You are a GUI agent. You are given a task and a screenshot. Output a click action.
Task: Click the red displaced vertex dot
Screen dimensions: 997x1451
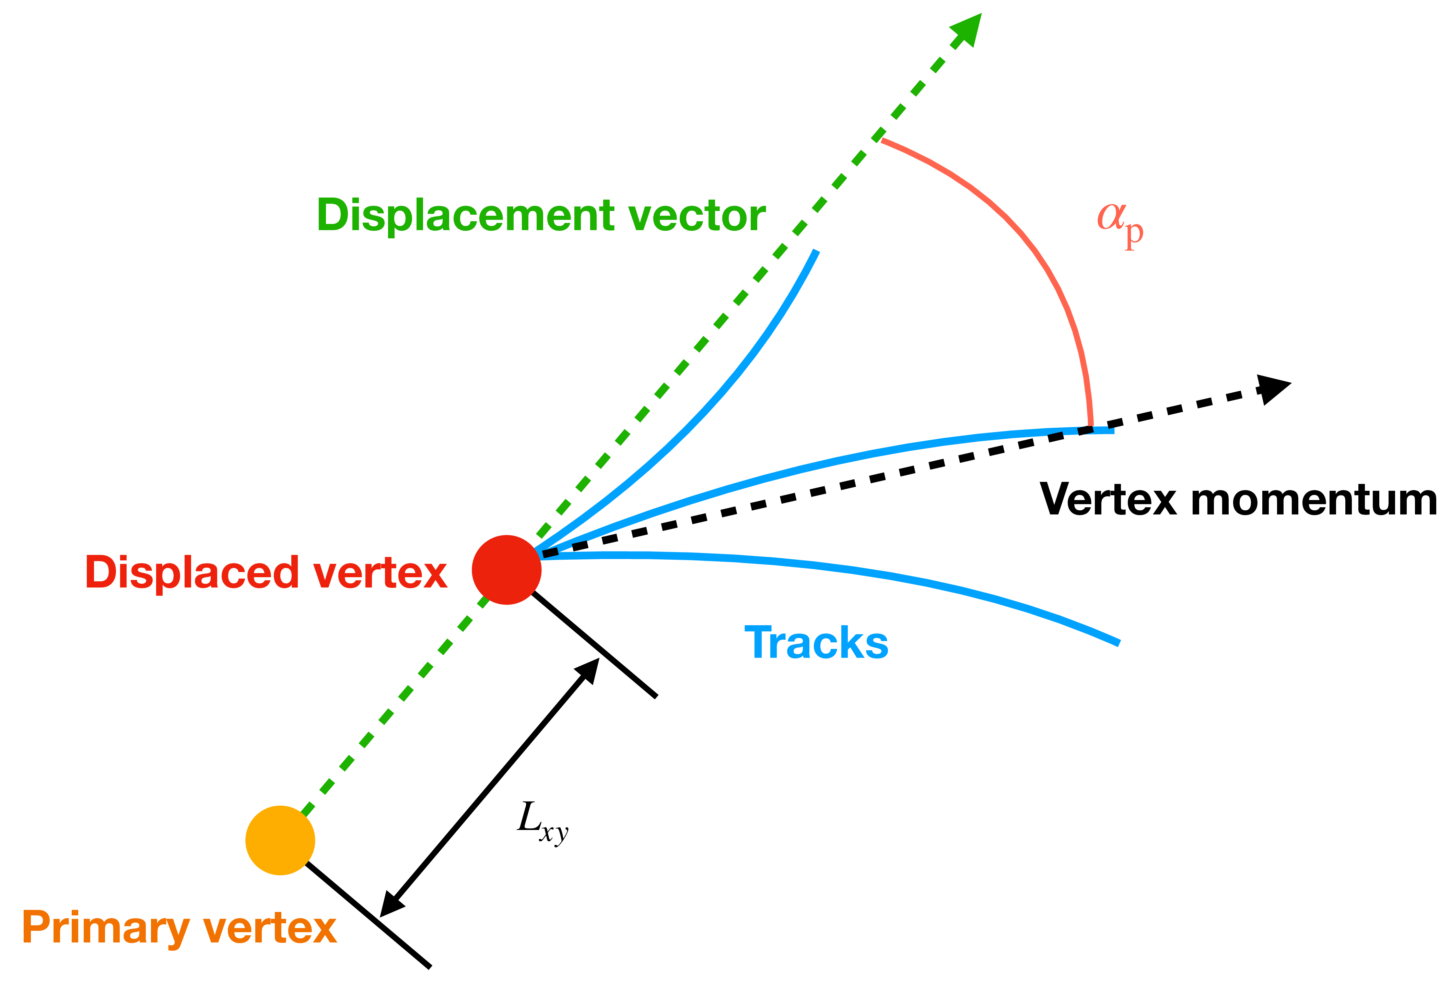pyautogui.click(x=506, y=570)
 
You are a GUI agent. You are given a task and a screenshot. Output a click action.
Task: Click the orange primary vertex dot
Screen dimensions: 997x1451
pyautogui.click(x=280, y=840)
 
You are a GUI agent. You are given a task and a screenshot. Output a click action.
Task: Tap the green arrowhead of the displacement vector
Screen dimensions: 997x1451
pyautogui.click(x=967, y=28)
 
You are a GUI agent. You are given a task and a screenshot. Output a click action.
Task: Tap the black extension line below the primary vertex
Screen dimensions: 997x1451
pyautogui.click(x=369, y=915)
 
